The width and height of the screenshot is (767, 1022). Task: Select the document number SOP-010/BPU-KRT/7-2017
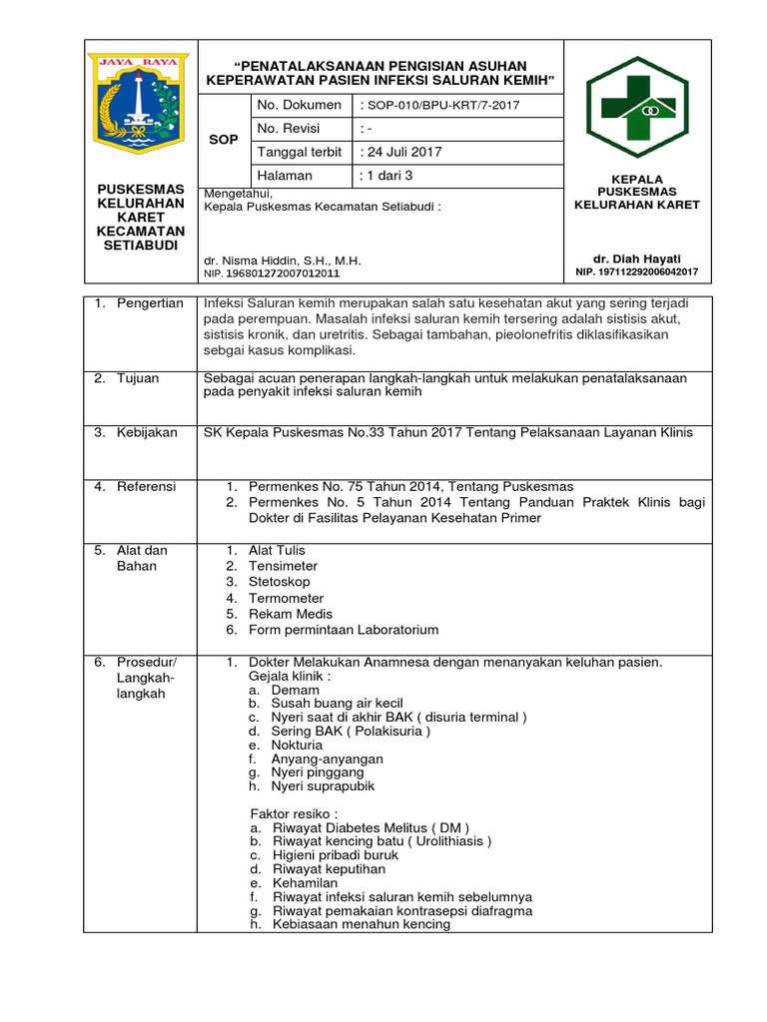click(439, 106)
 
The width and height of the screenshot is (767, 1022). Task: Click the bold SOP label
click(224, 140)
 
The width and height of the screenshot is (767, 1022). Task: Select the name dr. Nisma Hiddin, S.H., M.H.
click(282, 260)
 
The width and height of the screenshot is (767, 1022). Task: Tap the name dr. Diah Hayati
click(637, 257)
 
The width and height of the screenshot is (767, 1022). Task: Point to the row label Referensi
click(147, 486)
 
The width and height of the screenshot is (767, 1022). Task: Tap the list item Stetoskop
click(280, 582)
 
